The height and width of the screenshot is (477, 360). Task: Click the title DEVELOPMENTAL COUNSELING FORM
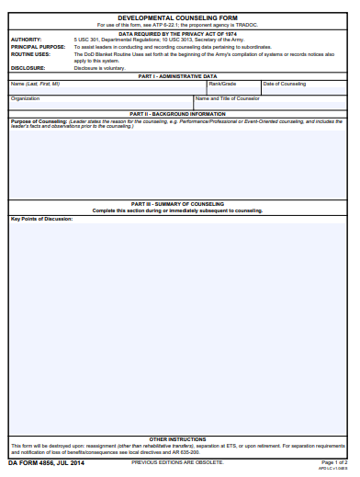(178, 17)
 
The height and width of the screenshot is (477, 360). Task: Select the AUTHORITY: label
(26, 40)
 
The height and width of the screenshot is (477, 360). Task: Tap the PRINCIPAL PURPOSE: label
(38, 47)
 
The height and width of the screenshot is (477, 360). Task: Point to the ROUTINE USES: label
(30, 54)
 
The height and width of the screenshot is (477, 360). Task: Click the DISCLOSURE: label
(28, 68)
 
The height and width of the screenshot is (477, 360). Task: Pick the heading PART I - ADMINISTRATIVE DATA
(178, 76)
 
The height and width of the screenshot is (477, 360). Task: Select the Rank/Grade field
(233, 88)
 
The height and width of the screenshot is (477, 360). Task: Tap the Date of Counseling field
(304, 88)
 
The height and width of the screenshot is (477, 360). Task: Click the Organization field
(100, 103)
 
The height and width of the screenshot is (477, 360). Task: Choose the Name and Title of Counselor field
(271, 103)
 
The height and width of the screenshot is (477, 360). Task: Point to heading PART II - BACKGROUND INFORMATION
(178, 114)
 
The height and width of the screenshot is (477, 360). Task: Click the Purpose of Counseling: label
(39, 120)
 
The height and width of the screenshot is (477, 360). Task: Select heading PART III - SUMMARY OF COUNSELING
(178, 204)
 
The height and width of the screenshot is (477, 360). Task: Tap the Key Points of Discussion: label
(41, 219)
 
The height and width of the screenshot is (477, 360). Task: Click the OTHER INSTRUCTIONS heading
(178, 439)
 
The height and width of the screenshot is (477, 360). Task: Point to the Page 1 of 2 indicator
(333, 461)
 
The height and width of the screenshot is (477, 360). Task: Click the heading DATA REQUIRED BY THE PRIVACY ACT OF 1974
(178, 33)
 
